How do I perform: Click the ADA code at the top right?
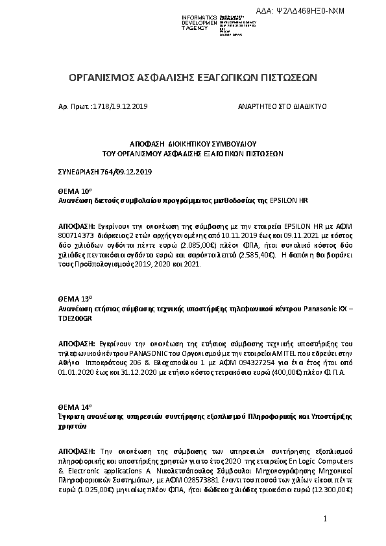tap(310, 10)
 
